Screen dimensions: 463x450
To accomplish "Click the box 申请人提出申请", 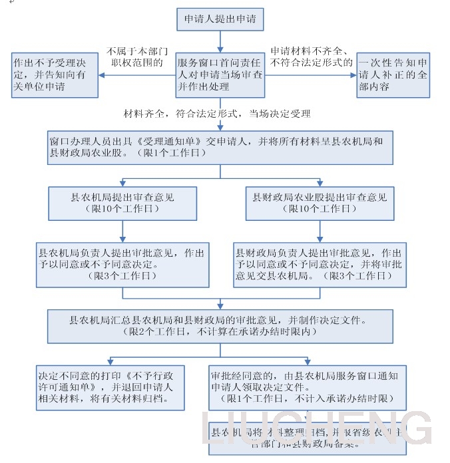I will pyautogui.click(x=220, y=20).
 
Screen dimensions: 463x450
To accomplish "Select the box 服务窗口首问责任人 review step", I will pyautogui.click(x=220, y=75).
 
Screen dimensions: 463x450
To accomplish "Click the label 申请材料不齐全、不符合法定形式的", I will pyautogui.click(x=312, y=57).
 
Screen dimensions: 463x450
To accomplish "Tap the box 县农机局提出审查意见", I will pyautogui.click(x=122, y=203).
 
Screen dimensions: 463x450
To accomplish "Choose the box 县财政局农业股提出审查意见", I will pyautogui.click(x=319, y=203).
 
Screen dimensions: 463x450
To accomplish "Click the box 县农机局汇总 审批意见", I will pyautogui.click(x=220, y=325).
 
